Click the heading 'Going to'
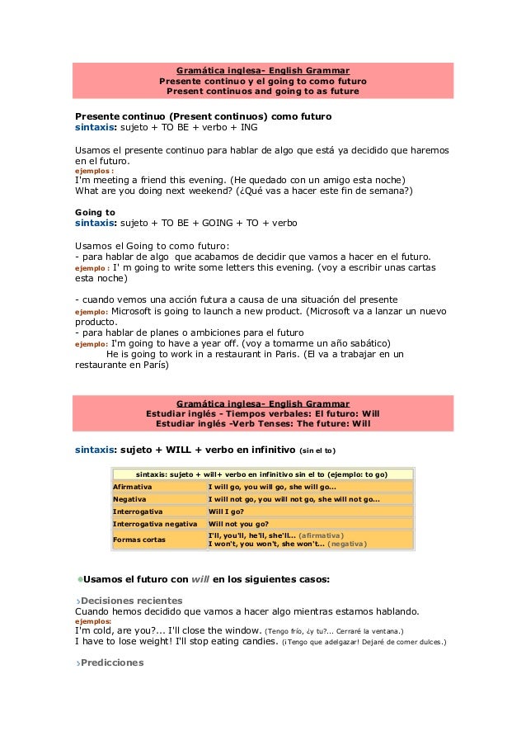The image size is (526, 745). [x=95, y=212]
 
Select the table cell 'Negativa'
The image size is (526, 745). [x=130, y=499]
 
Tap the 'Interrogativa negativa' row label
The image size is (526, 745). [x=155, y=523]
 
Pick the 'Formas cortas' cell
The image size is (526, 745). [x=139, y=539]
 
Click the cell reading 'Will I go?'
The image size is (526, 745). [x=232, y=511]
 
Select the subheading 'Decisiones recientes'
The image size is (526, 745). [x=131, y=600]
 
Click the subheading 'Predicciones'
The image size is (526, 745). [x=112, y=662]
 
